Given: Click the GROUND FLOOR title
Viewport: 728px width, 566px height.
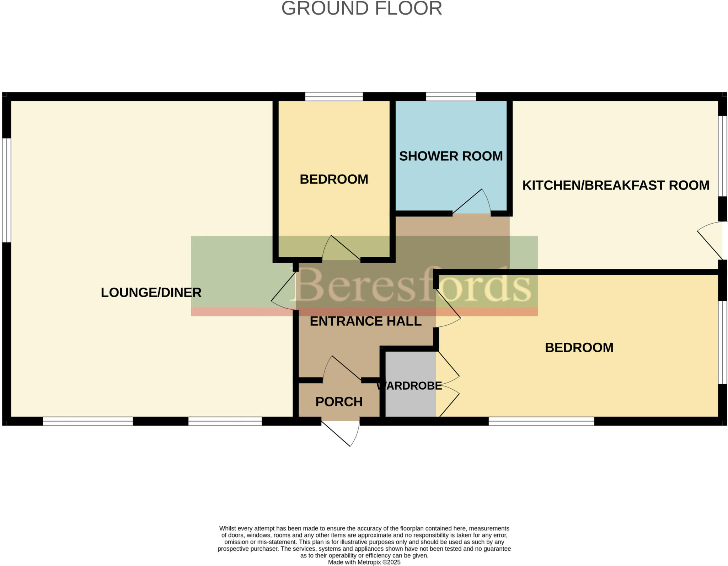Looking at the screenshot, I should click(x=362, y=9).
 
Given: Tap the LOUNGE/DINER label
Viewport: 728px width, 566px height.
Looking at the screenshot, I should click(x=151, y=293).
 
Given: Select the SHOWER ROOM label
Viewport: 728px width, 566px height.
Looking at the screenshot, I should click(x=451, y=156).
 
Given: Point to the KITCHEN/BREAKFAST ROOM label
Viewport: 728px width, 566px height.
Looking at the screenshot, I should click(x=616, y=185).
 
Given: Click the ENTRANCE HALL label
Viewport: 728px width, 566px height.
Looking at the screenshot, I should click(x=365, y=321).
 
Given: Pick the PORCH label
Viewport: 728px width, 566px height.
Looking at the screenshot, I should click(x=339, y=402).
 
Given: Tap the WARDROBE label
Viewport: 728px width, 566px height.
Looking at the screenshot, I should click(x=409, y=386).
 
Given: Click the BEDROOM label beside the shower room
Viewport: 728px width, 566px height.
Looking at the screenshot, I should click(x=334, y=179).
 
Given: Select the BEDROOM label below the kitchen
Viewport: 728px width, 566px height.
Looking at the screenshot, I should click(x=579, y=347).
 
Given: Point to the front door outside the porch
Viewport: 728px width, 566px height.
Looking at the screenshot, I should click(x=341, y=434).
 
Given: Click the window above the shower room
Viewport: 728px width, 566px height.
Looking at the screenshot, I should click(x=451, y=96).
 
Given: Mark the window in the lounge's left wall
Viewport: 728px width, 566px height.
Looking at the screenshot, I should click(x=6, y=190).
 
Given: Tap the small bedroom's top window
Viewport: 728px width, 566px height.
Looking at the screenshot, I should click(x=334, y=96).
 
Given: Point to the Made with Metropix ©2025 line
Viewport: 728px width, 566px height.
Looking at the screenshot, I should click(x=364, y=562).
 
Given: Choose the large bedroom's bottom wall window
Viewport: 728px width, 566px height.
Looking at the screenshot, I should click(x=541, y=421).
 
